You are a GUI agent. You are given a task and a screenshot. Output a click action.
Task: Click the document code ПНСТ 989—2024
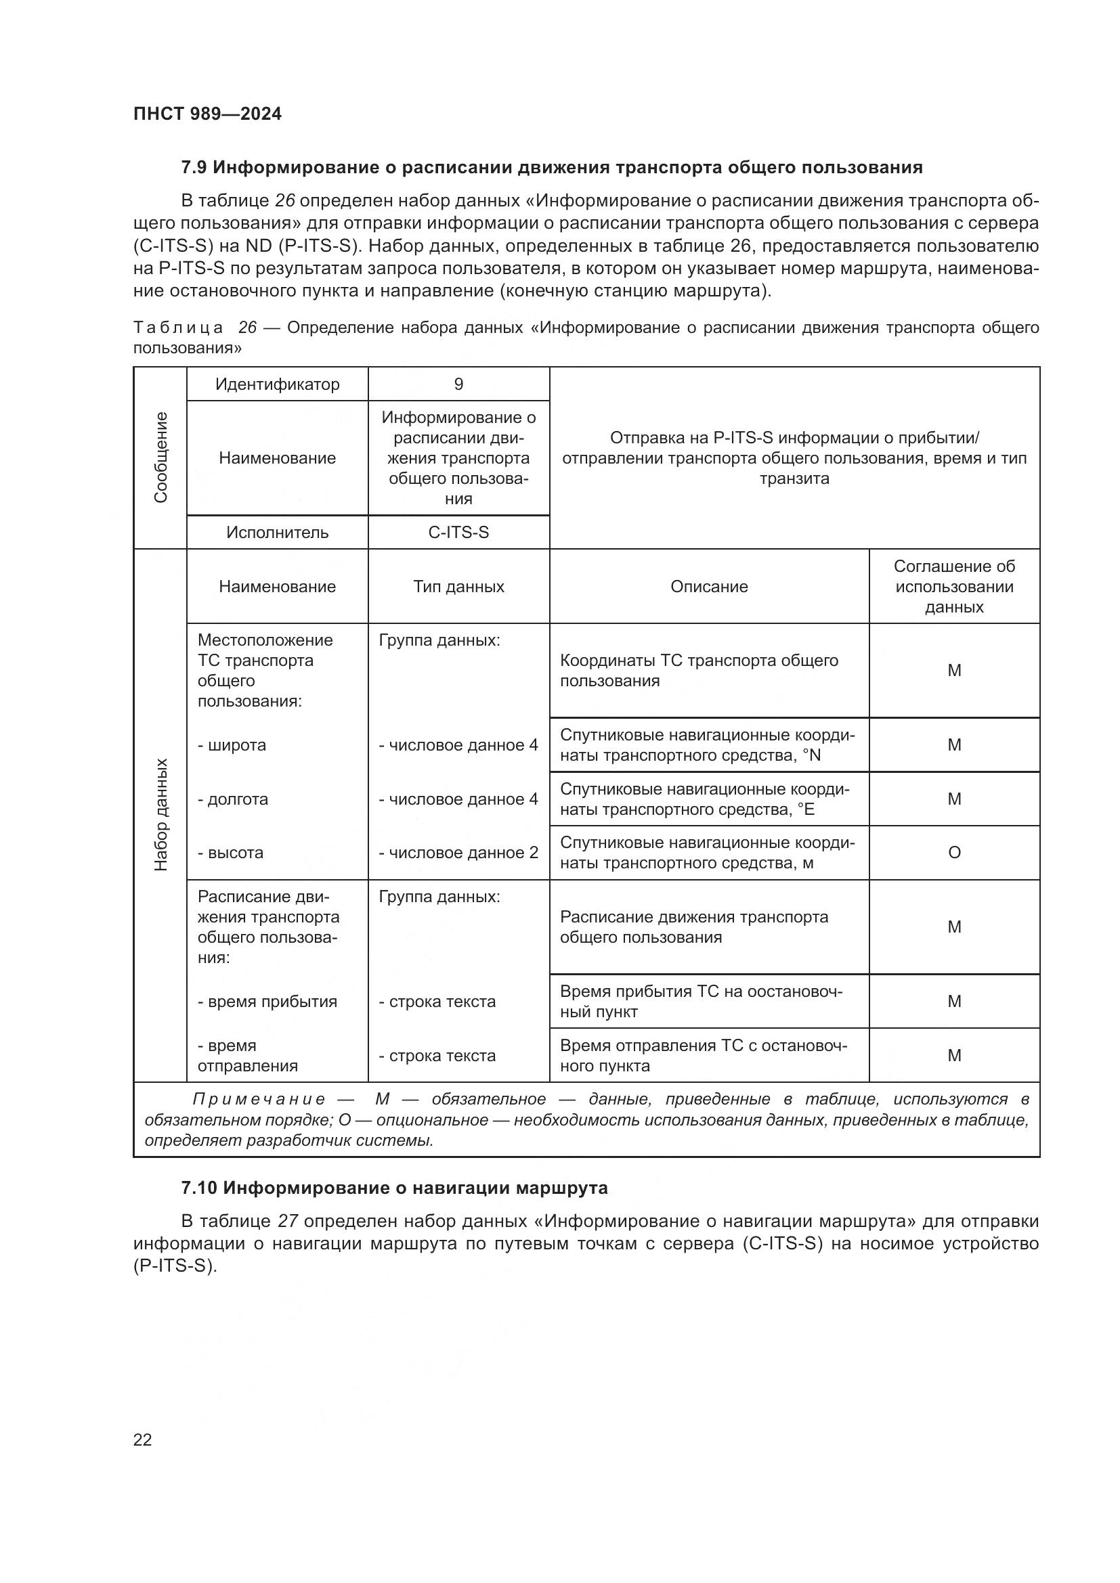(x=208, y=114)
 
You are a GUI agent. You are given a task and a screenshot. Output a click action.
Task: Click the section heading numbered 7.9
(x=551, y=168)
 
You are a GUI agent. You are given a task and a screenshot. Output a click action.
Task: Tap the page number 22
(x=143, y=1440)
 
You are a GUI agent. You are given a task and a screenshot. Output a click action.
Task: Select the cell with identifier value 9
(x=458, y=384)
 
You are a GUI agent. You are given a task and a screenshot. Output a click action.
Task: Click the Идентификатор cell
(x=277, y=384)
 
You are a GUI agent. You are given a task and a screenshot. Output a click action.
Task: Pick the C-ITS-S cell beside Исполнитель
(x=458, y=532)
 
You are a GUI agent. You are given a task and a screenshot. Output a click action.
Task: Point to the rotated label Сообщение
(x=160, y=457)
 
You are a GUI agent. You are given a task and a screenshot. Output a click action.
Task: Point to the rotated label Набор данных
(x=160, y=815)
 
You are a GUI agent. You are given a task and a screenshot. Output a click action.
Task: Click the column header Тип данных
(x=458, y=587)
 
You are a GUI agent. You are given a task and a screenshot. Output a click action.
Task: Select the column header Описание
(x=709, y=587)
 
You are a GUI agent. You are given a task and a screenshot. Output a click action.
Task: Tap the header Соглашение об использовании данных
(x=954, y=587)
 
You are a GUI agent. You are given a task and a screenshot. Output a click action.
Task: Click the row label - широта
(x=232, y=745)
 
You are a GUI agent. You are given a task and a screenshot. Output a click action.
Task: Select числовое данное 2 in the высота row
(x=458, y=853)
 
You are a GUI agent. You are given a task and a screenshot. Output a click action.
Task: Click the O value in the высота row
(x=954, y=853)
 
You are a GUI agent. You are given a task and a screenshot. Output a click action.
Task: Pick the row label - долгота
(x=233, y=799)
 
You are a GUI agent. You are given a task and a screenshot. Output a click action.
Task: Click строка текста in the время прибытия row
(x=437, y=1002)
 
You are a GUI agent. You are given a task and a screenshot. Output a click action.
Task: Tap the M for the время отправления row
(x=954, y=1056)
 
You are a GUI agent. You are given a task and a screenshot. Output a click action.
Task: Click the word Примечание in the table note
(x=259, y=1100)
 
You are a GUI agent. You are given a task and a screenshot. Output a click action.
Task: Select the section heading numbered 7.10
(x=394, y=1188)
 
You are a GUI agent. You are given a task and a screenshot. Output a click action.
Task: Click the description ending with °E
(x=705, y=799)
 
